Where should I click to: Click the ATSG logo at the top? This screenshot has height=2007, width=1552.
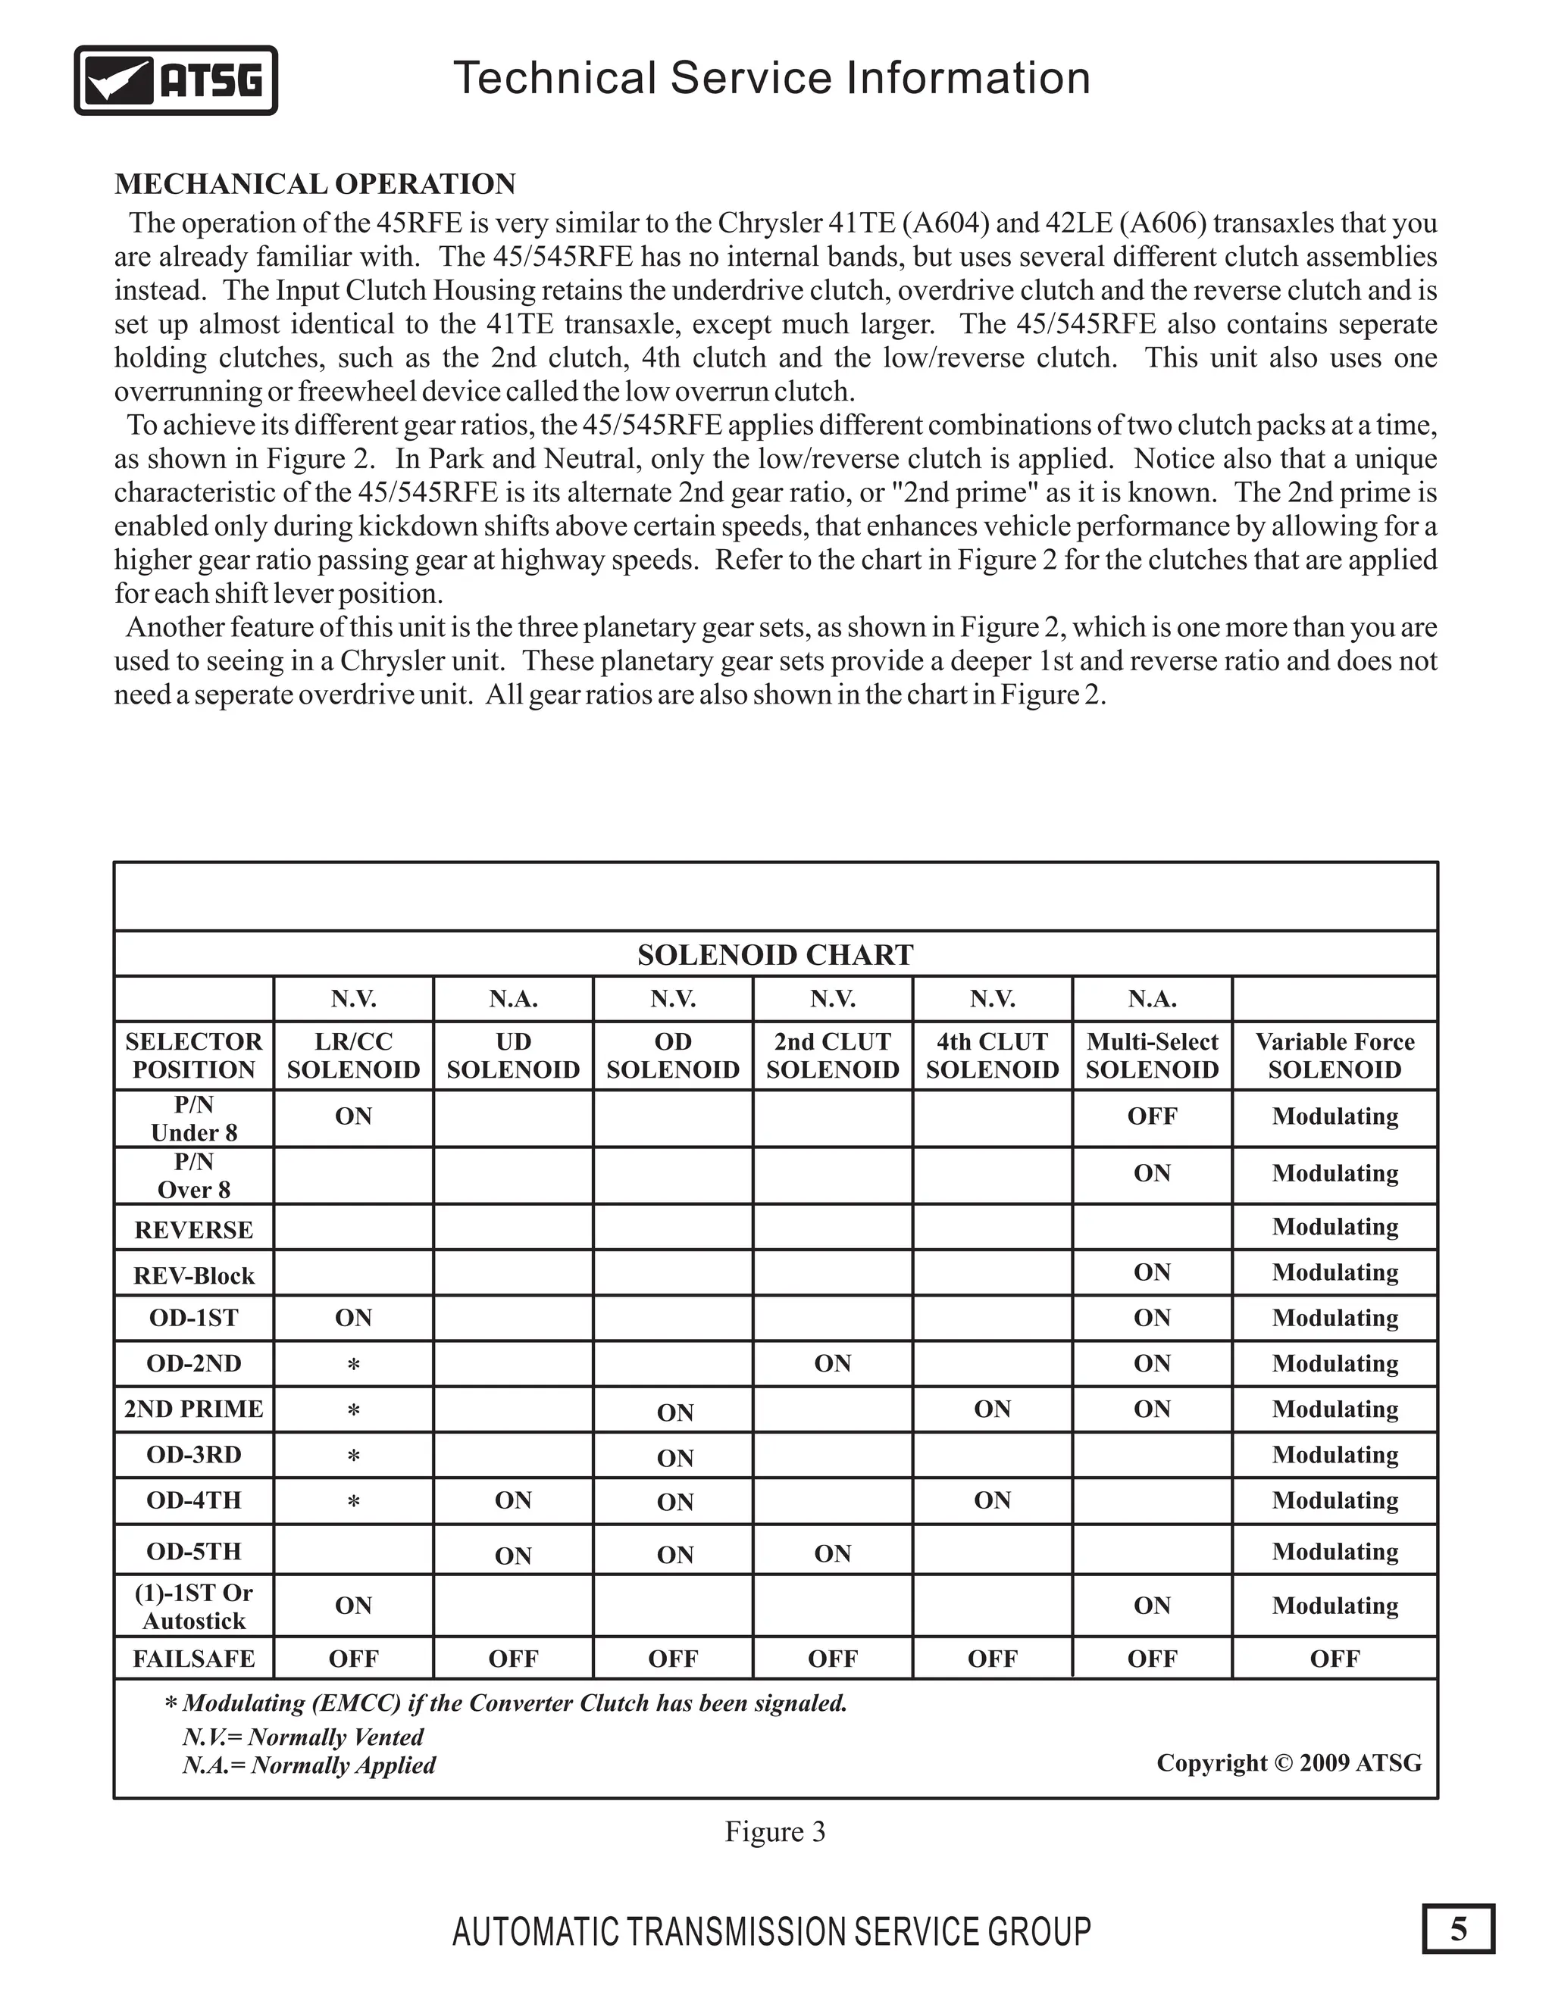tap(176, 80)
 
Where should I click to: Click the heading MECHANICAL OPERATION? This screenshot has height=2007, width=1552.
tap(314, 184)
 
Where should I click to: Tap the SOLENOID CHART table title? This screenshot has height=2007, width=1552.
tap(775, 955)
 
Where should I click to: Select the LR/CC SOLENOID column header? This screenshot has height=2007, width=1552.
tap(353, 1055)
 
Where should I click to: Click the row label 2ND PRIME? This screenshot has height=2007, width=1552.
tap(193, 1409)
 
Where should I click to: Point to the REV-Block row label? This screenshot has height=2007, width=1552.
tap(193, 1275)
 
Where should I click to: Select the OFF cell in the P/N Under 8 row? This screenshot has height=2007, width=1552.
tap(1151, 1116)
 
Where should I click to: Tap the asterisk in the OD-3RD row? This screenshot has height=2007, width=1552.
tap(353, 1456)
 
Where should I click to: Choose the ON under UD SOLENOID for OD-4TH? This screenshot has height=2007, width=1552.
tap(513, 1500)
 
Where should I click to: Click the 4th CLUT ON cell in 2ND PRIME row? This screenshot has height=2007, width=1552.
tap(992, 1409)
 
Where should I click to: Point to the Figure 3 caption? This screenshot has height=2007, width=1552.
tap(775, 1831)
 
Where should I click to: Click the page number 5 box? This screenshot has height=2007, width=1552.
tap(1458, 1929)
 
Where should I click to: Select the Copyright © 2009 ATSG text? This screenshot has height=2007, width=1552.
tap(1288, 1762)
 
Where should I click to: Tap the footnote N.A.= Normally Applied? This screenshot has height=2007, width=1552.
tap(309, 1765)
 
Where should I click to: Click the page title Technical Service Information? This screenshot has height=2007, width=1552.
tap(771, 78)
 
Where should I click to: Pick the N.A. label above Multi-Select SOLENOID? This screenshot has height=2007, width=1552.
tap(1151, 999)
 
